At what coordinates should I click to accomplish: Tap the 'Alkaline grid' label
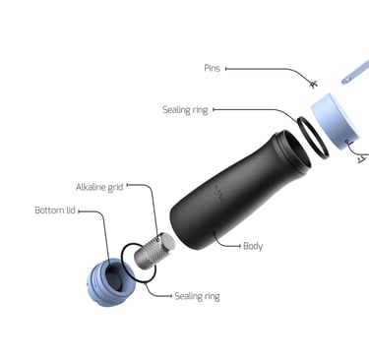99,186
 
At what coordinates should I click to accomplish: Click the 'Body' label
253,246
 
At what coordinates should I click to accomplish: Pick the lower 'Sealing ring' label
197,295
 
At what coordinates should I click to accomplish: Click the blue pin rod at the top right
354,70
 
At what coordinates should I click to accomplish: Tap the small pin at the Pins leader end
312,84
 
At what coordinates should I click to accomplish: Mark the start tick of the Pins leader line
226,69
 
